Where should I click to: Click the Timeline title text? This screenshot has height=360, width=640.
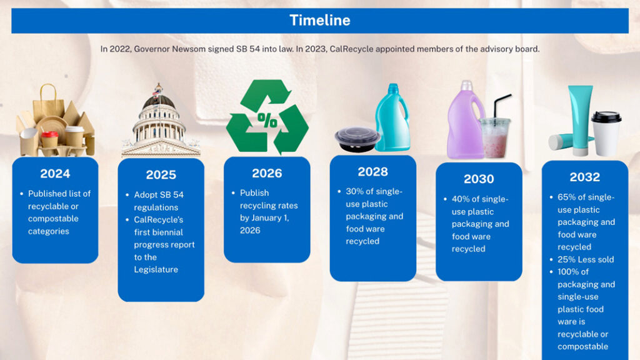pos(319,20)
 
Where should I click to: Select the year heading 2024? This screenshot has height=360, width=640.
pos(55,173)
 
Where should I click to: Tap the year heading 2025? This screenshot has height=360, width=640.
pos(161,174)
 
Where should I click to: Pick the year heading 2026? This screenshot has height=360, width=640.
pos(267,173)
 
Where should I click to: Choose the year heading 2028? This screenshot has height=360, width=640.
pos(372,171)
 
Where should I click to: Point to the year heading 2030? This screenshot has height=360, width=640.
pos(479,179)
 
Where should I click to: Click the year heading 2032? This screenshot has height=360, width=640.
pos(584,177)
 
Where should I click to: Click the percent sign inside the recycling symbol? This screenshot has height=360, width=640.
pos(267,121)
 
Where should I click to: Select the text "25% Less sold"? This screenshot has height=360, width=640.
pos(586,259)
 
